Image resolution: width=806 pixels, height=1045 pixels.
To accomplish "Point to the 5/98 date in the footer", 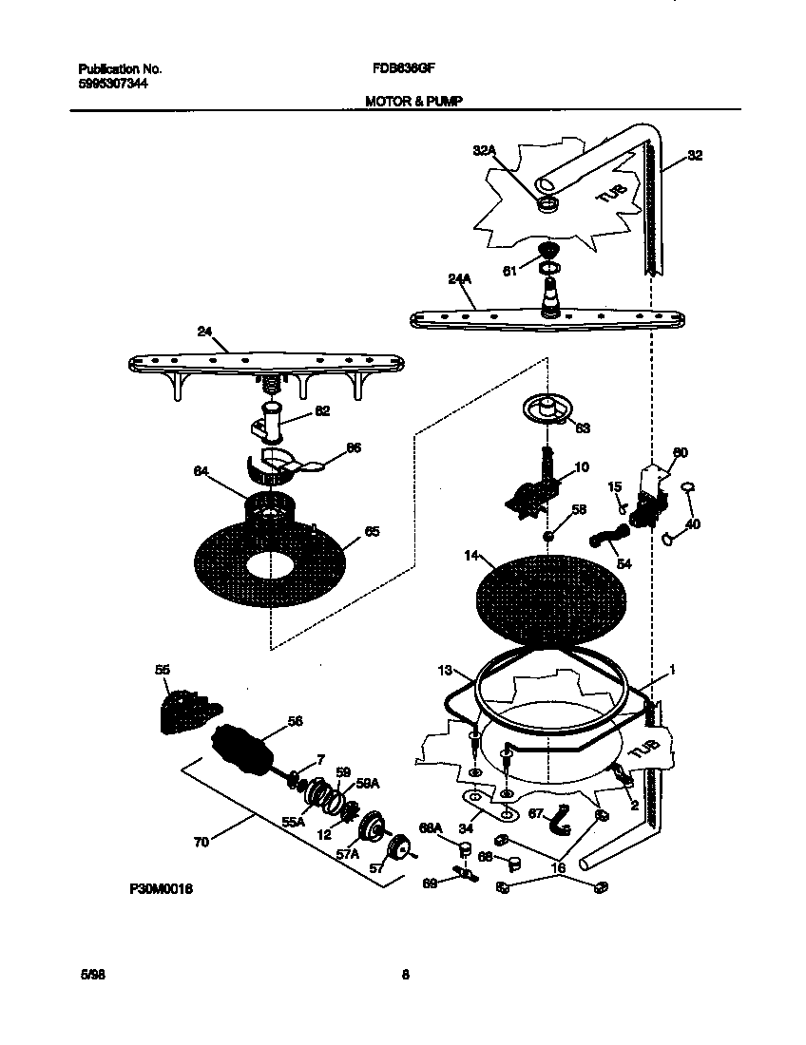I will (x=87, y=975).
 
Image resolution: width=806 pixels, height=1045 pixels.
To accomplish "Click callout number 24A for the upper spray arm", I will (x=459, y=279).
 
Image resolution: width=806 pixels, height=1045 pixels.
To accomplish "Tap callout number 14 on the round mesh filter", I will (x=471, y=556).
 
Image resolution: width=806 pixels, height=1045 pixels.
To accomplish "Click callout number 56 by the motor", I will (x=295, y=722).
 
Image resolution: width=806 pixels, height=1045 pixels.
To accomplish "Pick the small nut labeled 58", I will (x=549, y=538).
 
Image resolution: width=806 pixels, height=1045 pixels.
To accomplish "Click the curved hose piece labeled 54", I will (x=602, y=542).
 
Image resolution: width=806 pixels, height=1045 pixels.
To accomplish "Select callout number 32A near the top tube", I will (x=485, y=150).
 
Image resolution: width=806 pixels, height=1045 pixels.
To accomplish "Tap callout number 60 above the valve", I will (x=680, y=453).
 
